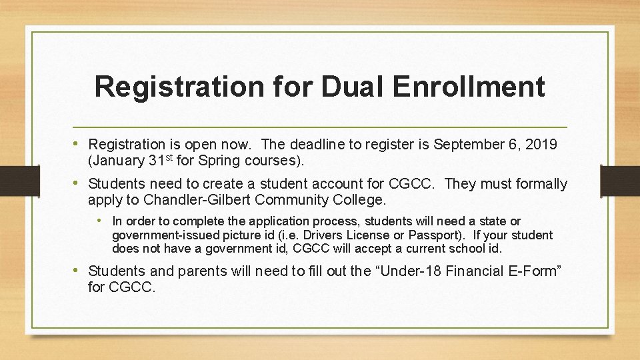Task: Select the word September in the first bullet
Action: click(464, 145)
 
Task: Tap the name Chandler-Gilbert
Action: click(197, 199)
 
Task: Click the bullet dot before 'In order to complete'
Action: click(99, 221)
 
